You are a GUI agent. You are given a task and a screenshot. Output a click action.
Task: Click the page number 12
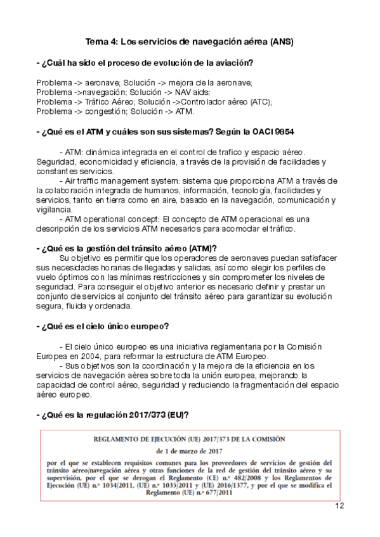tap(339, 505)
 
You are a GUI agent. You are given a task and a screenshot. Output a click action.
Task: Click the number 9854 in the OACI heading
tap(284, 131)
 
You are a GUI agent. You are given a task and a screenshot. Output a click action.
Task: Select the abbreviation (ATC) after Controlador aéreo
tap(259, 101)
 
